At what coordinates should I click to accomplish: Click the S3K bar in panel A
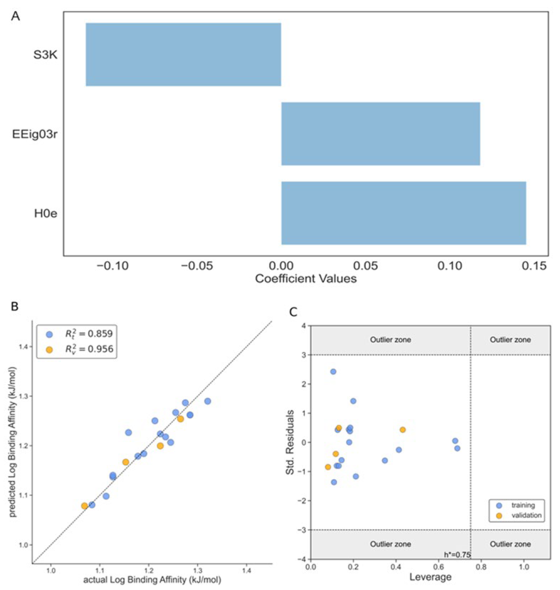tap(183, 55)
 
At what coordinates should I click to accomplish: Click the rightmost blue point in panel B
tap(208, 401)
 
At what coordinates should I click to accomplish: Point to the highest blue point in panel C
tap(333, 372)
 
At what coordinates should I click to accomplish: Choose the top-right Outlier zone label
tap(510, 340)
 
